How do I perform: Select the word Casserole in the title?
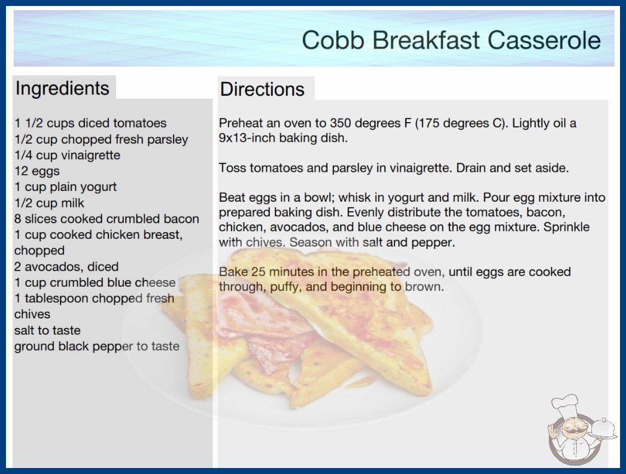(544, 40)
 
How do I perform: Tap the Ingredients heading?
(62, 89)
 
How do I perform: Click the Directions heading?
(262, 89)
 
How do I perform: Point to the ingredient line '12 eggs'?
(37, 171)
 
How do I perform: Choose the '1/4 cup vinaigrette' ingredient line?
(67, 155)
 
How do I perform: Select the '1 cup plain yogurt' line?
(65, 187)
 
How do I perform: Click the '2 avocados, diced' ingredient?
(66, 266)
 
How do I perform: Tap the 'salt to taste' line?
(47, 330)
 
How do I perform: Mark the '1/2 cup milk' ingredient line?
(49, 203)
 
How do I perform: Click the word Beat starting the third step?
(232, 197)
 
